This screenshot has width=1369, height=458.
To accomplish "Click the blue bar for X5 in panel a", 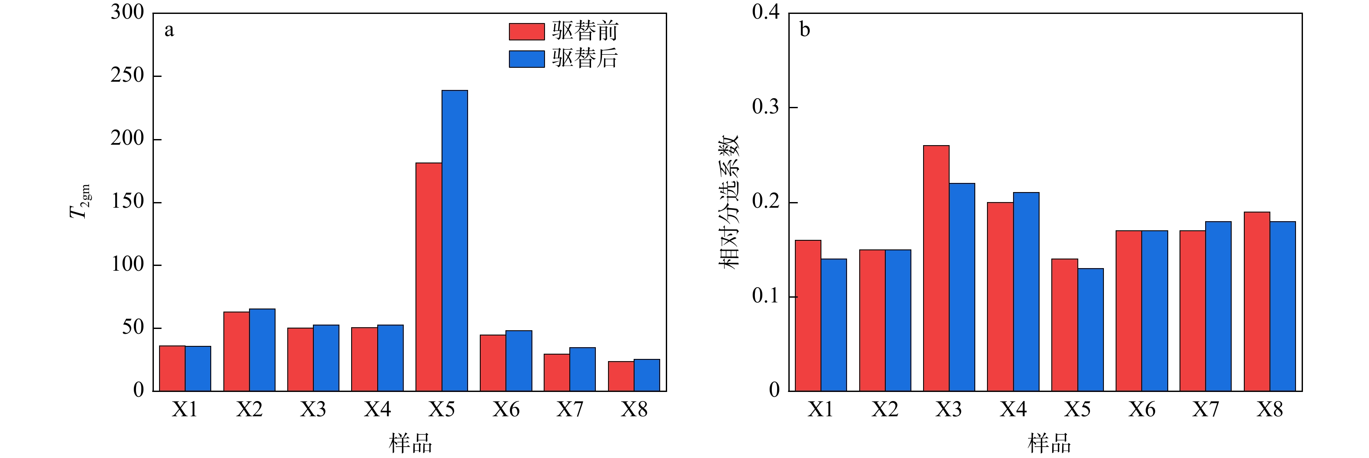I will pyautogui.click(x=455, y=241).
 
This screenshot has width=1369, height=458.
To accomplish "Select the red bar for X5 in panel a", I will pyautogui.click(x=429, y=277).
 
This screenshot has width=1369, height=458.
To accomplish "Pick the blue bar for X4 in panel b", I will pyautogui.click(x=1026, y=292).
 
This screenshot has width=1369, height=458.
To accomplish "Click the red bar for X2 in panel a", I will pyautogui.click(x=236, y=351).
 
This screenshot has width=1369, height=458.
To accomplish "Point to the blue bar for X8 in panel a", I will pyautogui.click(x=646, y=375).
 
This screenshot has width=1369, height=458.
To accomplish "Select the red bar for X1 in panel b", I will pyautogui.click(x=808, y=315).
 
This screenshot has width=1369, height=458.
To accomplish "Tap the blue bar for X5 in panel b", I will pyautogui.click(x=1090, y=329).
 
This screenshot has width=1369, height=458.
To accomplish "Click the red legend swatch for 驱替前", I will pyautogui.click(x=526, y=31).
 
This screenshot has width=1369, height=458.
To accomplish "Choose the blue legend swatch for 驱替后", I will pyautogui.click(x=526, y=59).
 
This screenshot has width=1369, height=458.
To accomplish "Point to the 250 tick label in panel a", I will pyautogui.click(x=127, y=76).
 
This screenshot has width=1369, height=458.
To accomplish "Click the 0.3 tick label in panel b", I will pyautogui.click(x=765, y=107).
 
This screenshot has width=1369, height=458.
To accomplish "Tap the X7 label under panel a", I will pyautogui.click(x=570, y=410).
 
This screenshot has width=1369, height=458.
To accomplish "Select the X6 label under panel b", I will pyautogui.click(x=1142, y=410).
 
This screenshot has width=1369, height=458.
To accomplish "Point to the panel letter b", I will pyautogui.click(x=804, y=30).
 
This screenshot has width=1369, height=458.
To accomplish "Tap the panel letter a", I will pyautogui.click(x=169, y=30).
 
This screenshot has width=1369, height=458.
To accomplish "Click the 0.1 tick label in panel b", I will pyautogui.click(x=765, y=296).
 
